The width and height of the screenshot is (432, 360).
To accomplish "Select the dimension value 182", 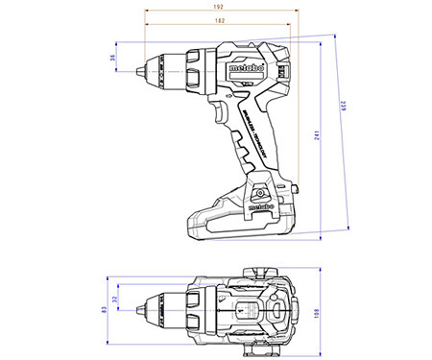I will tap(221, 20).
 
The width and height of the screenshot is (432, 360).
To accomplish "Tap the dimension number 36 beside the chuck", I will tap(112, 60).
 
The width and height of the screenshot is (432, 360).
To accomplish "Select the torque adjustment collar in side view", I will tap(193, 70).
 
